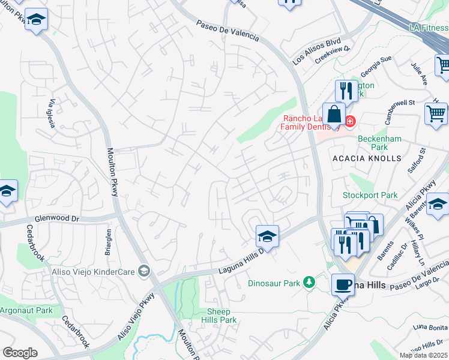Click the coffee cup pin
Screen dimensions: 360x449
click(343, 284)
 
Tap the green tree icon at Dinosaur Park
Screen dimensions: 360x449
click(309, 282)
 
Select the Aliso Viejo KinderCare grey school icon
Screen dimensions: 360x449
click(143, 271)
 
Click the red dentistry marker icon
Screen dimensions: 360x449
click(349, 121)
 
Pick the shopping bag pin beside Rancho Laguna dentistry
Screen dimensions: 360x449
click(334, 114)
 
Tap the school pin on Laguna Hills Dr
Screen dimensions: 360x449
click(267, 236)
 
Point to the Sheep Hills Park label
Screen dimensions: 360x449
click(222, 316)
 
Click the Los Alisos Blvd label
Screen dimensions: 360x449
click(316, 52)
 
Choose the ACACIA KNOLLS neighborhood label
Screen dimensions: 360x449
click(366, 158)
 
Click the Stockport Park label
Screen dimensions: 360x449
click(370, 195)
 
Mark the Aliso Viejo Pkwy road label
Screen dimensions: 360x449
click(136, 316)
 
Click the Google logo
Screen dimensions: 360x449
click(20, 353)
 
